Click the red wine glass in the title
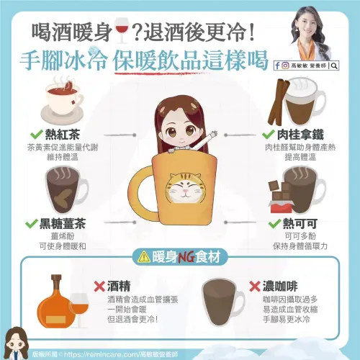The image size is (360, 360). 122,33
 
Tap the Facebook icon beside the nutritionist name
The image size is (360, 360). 277,66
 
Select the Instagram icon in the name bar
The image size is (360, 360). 285,66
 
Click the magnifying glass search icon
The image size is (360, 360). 334,66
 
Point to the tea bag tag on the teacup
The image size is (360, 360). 73,103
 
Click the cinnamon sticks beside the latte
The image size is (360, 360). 279,102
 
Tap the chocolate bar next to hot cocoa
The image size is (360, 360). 281,197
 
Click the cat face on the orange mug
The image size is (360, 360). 184,188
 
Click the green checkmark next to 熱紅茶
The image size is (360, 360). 37,135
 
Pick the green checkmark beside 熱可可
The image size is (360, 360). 274,223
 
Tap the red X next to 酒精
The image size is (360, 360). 99,286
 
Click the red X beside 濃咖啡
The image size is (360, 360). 255,286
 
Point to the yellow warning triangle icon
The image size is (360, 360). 144,257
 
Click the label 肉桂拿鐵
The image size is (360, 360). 300,135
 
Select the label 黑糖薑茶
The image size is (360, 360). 63,224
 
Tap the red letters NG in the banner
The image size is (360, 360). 186,258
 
